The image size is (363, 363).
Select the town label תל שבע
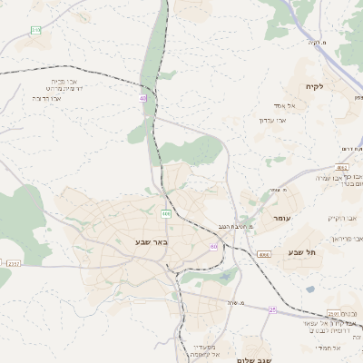pos(301,251)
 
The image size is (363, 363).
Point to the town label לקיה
pos(333,86)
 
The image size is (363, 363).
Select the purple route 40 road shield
pos(143,98)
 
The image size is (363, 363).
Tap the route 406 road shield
pos(166,214)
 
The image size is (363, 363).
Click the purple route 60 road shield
pos(213,247)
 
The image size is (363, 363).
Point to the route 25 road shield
pos(271,309)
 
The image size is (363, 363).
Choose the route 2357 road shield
pos(13,263)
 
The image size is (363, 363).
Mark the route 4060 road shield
pos(263,255)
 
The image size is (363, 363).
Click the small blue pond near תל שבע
pos(310,289)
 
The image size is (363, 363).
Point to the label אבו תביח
pos(61,67)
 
